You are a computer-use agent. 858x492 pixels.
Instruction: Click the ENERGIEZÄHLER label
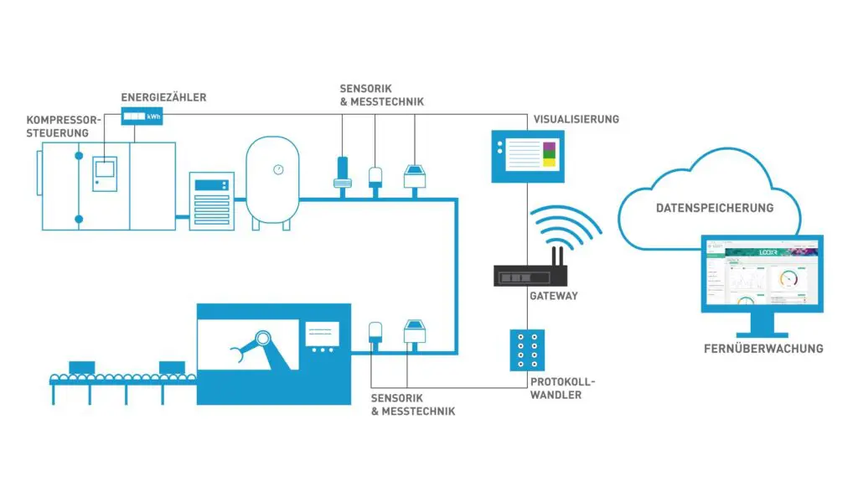tap(163, 98)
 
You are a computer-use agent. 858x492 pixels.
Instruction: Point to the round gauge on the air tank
tap(277, 169)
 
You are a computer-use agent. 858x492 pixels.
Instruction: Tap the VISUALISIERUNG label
tap(576, 119)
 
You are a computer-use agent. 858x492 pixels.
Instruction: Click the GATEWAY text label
tap(553, 296)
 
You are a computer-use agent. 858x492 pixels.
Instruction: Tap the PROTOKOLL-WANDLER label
tap(556, 388)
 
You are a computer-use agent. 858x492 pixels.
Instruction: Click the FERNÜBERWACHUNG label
tap(763, 349)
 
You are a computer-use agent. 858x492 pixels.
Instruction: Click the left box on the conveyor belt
tap(81, 367)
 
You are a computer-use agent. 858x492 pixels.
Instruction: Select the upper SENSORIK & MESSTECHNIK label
tap(381, 95)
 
